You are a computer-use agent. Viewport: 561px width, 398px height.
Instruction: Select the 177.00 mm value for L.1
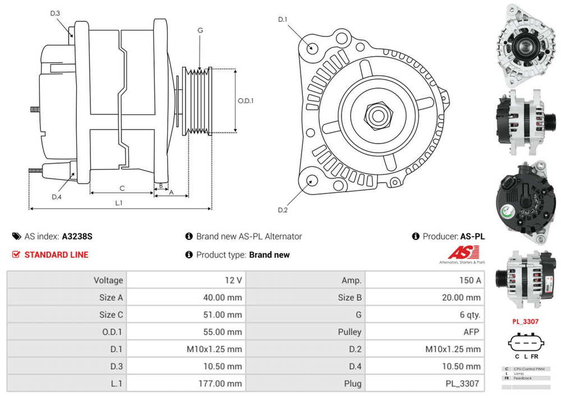coord(222,383)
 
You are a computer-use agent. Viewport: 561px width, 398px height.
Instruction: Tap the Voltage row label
coord(108,280)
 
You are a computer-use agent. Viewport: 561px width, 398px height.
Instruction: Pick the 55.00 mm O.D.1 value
coord(223,332)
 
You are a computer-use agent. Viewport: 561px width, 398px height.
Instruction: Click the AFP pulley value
coord(471,332)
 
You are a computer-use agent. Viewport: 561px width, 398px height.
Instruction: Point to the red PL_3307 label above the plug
coord(525,322)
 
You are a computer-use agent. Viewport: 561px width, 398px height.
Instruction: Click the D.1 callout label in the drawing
coord(283,20)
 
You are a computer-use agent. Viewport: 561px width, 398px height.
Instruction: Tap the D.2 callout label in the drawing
coord(283,210)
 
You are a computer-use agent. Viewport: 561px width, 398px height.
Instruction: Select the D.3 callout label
coord(55,13)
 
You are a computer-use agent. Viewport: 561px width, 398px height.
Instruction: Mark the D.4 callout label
coord(56,197)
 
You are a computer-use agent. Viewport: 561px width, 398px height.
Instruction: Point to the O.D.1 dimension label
coord(246,101)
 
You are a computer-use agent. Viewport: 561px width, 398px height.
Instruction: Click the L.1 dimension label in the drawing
coord(119,203)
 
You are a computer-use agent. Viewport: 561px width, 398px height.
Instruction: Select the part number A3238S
coord(77,237)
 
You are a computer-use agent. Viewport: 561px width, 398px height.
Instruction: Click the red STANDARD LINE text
coord(56,254)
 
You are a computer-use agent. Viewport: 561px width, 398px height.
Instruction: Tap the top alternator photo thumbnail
coord(525,46)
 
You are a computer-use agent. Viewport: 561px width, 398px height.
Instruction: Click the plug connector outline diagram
coord(525,343)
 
